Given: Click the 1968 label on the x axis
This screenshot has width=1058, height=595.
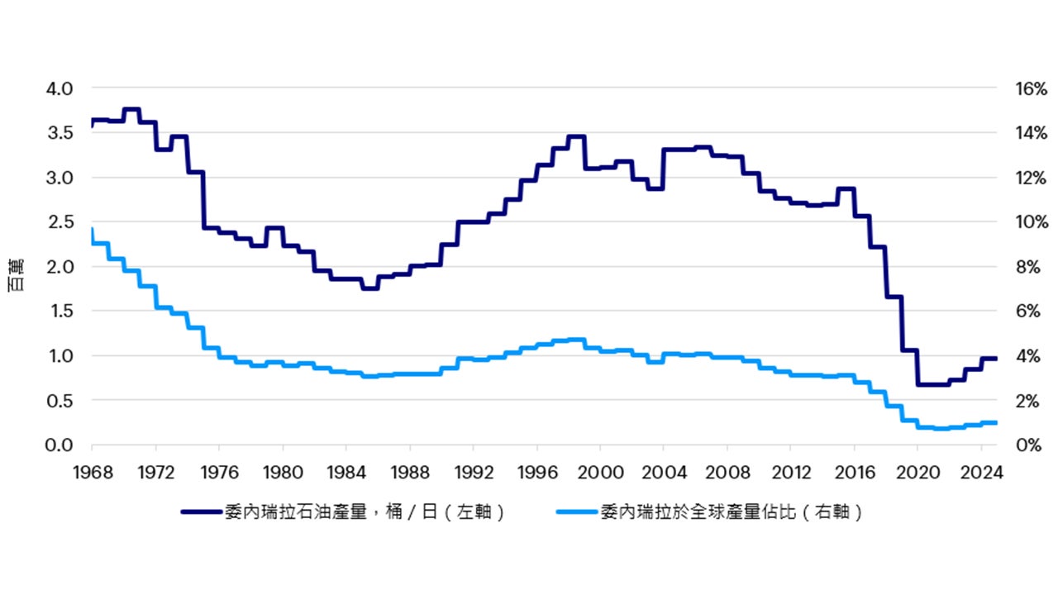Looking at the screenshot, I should pyautogui.click(x=93, y=475).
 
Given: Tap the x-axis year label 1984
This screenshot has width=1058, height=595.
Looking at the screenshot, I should pyautogui.click(x=346, y=475).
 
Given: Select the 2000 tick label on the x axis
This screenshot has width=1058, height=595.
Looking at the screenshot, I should pyautogui.click(x=600, y=475).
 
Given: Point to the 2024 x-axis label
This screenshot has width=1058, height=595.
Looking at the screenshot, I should pyautogui.click(x=981, y=475).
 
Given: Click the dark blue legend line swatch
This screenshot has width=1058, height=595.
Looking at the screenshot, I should pyautogui.click(x=201, y=512).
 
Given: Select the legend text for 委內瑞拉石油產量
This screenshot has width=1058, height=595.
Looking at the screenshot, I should pyautogui.click(x=365, y=512).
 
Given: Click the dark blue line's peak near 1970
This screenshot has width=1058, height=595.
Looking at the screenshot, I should pyautogui.click(x=131, y=109).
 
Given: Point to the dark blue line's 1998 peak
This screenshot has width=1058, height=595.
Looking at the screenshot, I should pyautogui.click(x=576, y=136).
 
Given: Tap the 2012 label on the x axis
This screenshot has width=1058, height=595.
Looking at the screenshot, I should pyautogui.click(x=790, y=475).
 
